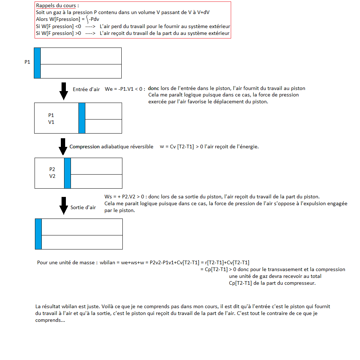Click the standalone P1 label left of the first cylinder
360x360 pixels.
click(x=27, y=62)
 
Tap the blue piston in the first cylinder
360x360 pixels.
click(x=37, y=63)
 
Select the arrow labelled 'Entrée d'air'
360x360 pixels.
click(x=64, y=91)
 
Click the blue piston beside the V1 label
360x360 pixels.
click(x=82, y=118)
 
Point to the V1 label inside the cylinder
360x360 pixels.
click(x=51, y=122)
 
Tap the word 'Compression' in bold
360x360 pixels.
click(x=85, y=147)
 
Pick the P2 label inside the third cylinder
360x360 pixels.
click(x=52, y=170)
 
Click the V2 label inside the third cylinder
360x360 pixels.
click(x=52, y=176)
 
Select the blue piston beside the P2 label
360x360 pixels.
click(x=67, y=173)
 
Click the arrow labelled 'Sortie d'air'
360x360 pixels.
click(x=64, y=206)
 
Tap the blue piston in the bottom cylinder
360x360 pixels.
click(x=38, y=234)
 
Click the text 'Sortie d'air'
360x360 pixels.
click(x=83, y=207)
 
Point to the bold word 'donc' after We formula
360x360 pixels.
click(x=153, y=89)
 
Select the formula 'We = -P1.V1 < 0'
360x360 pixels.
click(x=125, y=89)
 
